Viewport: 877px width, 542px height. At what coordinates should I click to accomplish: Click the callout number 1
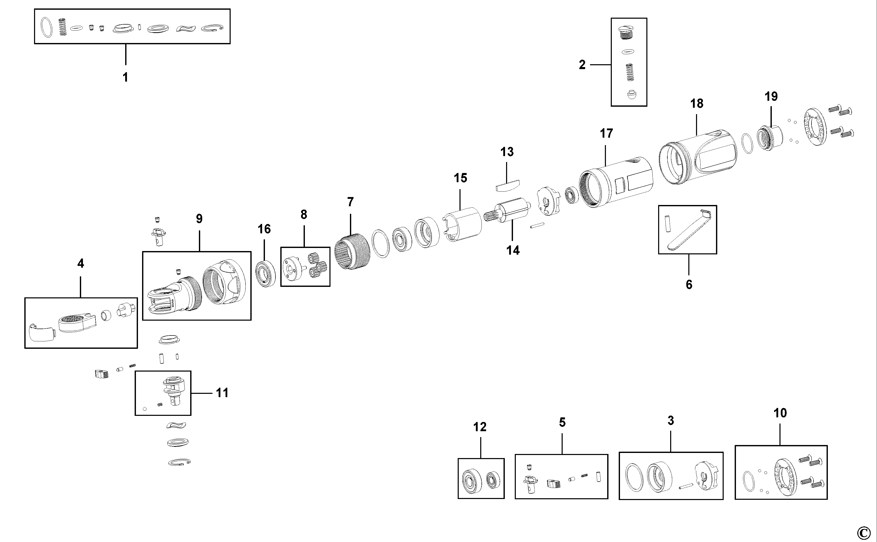pos(125,77)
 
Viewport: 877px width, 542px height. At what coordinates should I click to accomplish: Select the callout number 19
pos(771,96)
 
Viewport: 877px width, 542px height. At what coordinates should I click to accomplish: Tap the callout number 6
pos(689,285)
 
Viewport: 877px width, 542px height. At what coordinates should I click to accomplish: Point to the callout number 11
pos(222,393)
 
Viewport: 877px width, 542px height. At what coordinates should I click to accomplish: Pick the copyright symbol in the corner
pos(864,531)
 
